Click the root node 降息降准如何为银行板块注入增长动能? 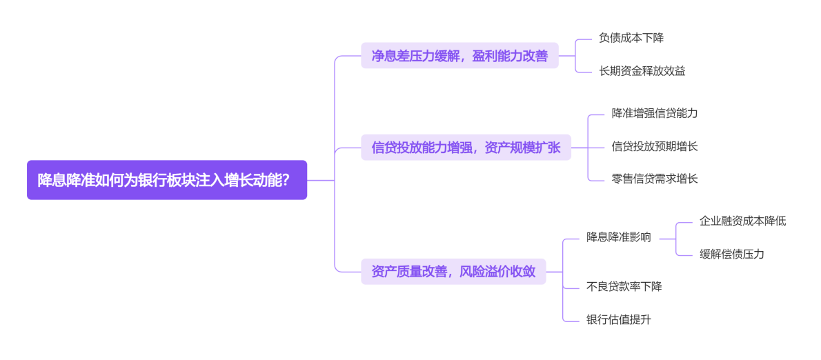tap(166, 180)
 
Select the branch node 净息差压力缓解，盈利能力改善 tap(459, 56)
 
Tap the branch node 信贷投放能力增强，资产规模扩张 tap(466, 147)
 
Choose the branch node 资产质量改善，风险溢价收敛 tap(453, 272)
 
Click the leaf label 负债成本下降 tap(631, 38)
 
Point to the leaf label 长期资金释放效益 tap(642, 70)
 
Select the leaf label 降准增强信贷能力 tap(655, 113)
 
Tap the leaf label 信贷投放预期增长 tap(655, 146)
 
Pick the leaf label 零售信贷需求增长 tap(655, 179)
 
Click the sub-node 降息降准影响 tap(619, 237)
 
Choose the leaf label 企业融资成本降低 tap(742, 221)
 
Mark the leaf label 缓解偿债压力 tap(731, 254)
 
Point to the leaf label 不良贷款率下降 tap(624, 286)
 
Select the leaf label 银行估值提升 tap(619, 319)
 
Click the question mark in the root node tap(285, 180)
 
